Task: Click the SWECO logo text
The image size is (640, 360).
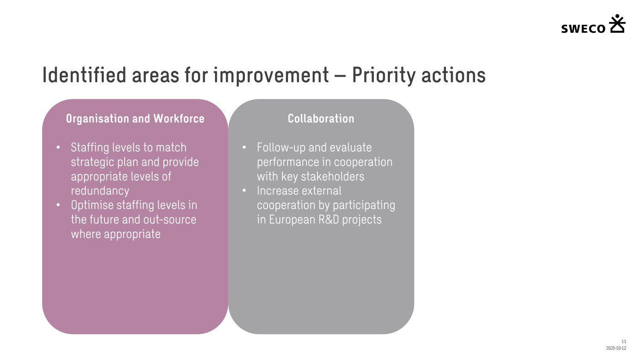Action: click(x=583, y=29)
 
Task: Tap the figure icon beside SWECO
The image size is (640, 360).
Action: click(x=617, y=23)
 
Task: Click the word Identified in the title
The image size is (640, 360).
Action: click(x=84, y=75)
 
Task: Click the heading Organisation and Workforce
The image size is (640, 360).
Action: click(x=135, y=119)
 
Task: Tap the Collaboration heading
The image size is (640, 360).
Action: click(x=321, y=119)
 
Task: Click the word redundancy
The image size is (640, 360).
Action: click(x=100, y=191)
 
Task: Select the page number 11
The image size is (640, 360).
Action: click(x=624, y=341)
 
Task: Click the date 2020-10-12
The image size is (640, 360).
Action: click(x=616, y=348)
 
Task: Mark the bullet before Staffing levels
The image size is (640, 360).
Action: click(x=58, y=148)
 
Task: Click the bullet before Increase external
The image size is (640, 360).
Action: click(x=244, y=191)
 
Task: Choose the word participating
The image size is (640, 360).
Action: click(x=364, y=206)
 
